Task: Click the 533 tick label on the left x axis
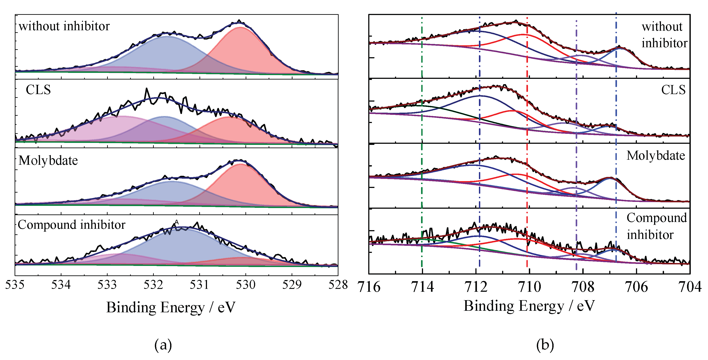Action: [x=107, y=285]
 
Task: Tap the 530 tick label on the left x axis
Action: [x=246, y=285]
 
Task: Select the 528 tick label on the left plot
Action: [x=338, y=285]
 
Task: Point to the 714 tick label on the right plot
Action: [x=422, y=287]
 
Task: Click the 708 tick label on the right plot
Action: [x=583, y=287]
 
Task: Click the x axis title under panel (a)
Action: [x=171, y=307]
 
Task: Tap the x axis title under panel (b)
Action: [x=529, y=306]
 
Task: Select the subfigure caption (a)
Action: [x=163, y=345]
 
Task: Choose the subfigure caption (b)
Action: [x=545, y=345]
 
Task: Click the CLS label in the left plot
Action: [x=38, y=90]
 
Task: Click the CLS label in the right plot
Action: [x=673, y=90]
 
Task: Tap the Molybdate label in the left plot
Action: [x=48, y=161]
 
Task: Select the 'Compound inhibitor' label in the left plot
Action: [x=71, y=225]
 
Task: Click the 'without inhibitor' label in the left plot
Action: [x=64, y=26]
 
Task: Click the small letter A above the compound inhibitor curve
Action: [x=177, y=222]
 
